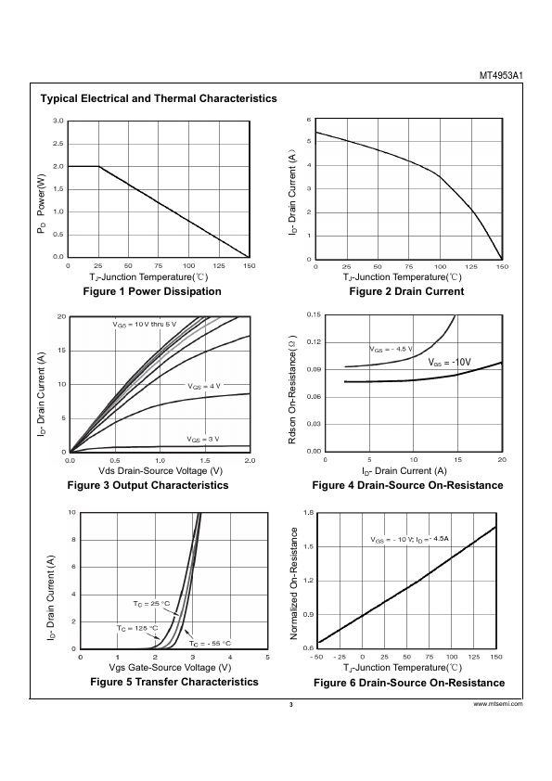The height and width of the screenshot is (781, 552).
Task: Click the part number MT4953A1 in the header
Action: [501, 76]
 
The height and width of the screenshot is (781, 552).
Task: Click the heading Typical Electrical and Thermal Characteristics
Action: [159, 98]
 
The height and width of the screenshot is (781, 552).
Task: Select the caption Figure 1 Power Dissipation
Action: [152, 291]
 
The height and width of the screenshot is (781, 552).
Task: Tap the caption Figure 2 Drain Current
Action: [406, 291]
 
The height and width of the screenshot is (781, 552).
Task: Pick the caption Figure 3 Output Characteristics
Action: [148, 485]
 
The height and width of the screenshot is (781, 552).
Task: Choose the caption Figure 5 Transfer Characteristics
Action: [174, 682]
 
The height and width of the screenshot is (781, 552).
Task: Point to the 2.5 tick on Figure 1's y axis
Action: [58, 144]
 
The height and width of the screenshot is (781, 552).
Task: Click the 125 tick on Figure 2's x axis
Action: [470, 267]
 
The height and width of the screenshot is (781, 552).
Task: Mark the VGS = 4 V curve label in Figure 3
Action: [204, 386]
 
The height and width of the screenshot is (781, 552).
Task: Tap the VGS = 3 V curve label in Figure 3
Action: [203, 440]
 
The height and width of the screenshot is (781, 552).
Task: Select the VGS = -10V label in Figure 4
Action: [449, 362]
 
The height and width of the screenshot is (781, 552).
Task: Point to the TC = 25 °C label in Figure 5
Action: [151, 604]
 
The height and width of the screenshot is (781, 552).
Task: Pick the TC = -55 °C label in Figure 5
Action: [210, 644]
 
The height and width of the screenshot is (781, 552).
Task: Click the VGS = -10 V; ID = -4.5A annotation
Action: [410, 539]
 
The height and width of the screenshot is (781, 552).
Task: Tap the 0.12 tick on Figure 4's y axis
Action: [314, 342]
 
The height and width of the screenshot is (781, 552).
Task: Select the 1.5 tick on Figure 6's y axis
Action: [308, 547]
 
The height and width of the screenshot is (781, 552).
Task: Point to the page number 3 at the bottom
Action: [291, 704]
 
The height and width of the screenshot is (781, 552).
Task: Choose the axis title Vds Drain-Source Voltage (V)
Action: [160, 471]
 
